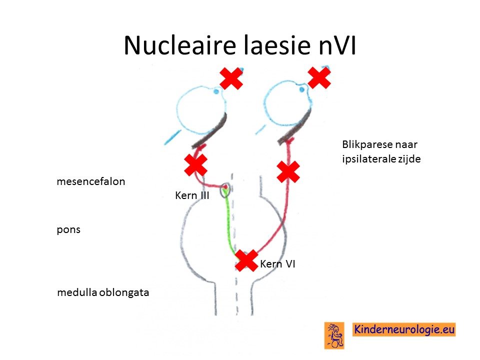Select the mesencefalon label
tap(91, 181)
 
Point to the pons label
tap(68, 230)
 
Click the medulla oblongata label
tap(103, 292)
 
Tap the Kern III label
tap(192, 195)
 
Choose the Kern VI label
tap(277, 264)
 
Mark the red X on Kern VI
tap(246, 260)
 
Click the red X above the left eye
tap(231, 78)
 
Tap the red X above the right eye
tap(319, 78)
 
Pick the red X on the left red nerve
tap(196, 165)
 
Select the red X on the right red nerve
tap(288, 171)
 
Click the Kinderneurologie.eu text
tap(404, 329)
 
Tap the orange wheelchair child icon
tap(334, 336)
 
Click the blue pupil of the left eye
tap(216, 91)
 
